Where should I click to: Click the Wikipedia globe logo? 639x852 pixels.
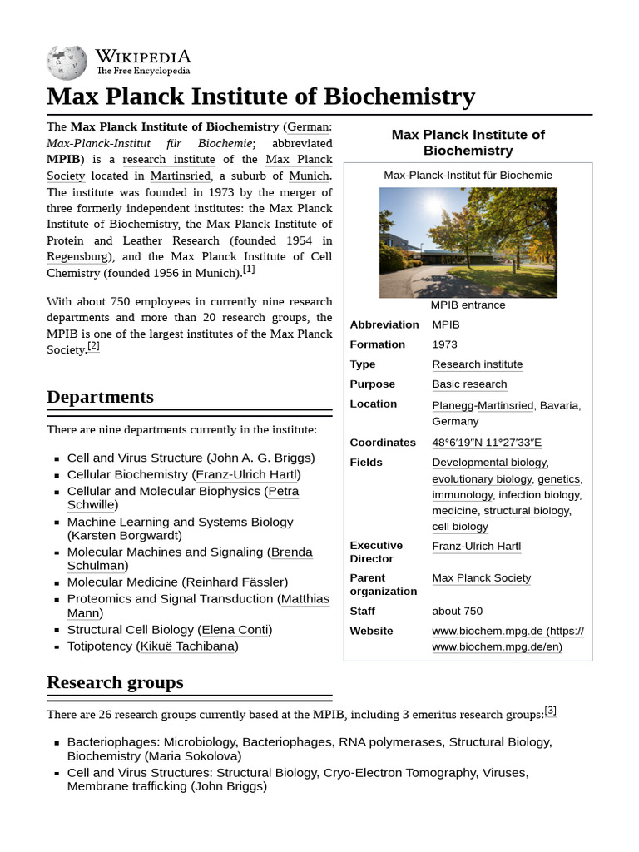pos(67,62)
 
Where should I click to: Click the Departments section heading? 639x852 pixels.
pos(100,397)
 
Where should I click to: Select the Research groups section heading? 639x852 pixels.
pos(115,682)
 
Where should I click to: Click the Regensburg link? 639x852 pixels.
pos(77,256)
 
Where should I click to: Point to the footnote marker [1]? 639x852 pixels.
pos(249,270)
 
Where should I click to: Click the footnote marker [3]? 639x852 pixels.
pos(550,711)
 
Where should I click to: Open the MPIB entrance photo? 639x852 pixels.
pos(468,242)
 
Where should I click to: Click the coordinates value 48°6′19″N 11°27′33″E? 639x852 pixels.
pos(487,443)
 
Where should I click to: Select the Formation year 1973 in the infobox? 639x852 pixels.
pos(444,344)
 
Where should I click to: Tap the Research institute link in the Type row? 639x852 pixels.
pos(478,364)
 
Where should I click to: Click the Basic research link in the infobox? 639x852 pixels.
pos(469,384)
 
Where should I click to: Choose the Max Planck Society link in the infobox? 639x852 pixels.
pos(481,578)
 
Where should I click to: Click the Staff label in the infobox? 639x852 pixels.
pos(362,611)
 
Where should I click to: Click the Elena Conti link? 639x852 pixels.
pos(236,630)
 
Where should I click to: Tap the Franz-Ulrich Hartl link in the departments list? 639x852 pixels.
pos(246,475)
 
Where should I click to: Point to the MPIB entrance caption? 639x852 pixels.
pos(468,305)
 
